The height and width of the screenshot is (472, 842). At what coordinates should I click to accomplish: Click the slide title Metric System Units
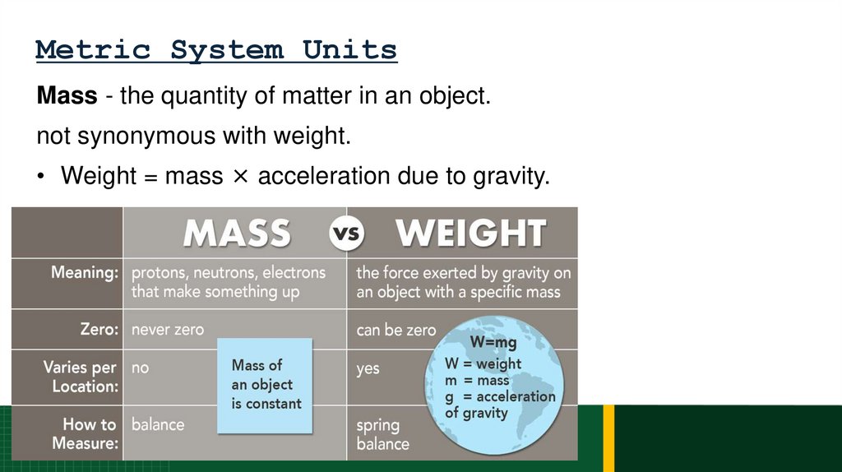click(x=216, y=50)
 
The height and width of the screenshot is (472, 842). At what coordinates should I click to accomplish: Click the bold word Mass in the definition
click(x=67, y=96)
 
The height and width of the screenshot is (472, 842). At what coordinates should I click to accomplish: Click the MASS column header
click(x=236, y=233)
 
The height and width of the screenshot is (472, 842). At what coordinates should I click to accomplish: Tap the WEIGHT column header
click(x=471, y=233)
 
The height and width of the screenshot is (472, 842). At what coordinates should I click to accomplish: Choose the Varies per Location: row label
click(x=81, y=377)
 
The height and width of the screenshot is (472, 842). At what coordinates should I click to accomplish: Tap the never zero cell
click(x=168, y=330)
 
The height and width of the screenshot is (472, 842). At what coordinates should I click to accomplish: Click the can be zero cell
click(x=396, y=330)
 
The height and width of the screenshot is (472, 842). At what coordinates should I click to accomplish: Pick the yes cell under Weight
click(x=368, y=368)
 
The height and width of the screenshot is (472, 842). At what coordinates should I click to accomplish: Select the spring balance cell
click(x=382, y=434)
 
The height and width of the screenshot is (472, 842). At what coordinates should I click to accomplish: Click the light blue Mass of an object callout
click(x=266, y=385)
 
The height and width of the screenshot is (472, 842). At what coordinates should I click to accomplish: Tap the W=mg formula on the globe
click(x=493, y=341)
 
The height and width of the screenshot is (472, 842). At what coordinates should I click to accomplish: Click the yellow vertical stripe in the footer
click(x=608, y=437)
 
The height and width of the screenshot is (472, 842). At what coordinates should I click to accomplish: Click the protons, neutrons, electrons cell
click(x=229, y=281)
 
